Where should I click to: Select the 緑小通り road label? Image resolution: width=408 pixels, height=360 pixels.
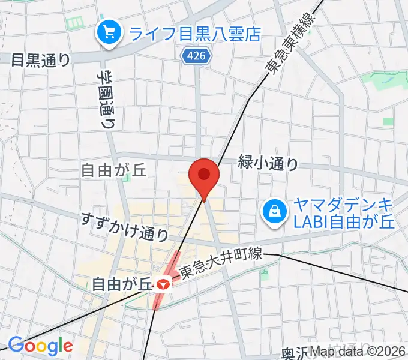(268, 162)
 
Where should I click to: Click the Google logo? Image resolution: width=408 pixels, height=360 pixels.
(40, 346)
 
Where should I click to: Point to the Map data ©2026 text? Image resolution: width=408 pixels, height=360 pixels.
(359, 352)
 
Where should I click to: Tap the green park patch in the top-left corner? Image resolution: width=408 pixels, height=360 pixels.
(76, 23)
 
